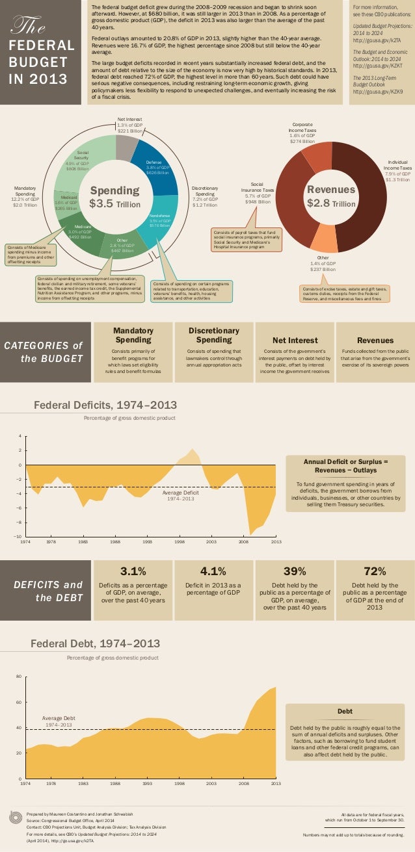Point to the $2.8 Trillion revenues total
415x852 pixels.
point(331,196)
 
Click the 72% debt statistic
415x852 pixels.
point(374,571)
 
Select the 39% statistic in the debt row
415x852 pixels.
point(295,571)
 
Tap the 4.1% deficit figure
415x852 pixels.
point(213,571)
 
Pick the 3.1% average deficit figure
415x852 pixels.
point(133,571)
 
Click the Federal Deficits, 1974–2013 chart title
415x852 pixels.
point(105,406)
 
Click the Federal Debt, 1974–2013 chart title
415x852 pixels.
point(96,644)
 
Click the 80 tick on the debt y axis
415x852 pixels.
point(19,677)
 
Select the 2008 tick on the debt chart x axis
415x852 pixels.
point(243,784)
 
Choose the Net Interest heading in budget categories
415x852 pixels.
point(295,340)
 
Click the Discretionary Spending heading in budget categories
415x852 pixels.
point(214,335)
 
